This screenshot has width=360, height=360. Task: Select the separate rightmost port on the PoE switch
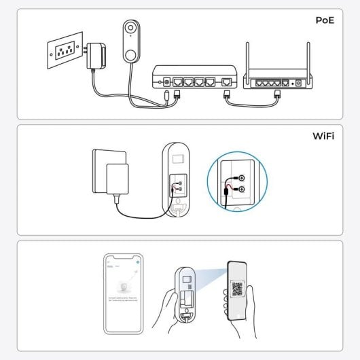[x=226, y=82]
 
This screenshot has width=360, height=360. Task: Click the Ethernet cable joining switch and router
[x=251, y=104]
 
